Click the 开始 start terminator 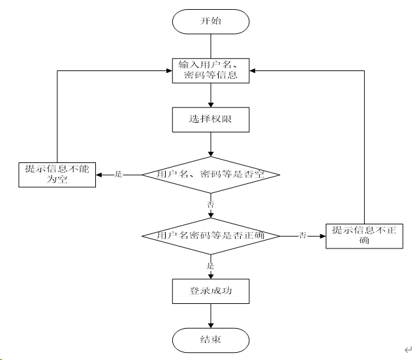210,21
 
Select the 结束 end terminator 210,339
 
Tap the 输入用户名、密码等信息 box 210,70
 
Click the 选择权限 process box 210,119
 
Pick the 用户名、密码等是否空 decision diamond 210,175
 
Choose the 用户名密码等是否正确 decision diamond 210,235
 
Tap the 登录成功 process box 210,291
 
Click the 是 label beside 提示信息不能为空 119,174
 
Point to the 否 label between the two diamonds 210,205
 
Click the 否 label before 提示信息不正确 303,235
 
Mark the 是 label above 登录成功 210,265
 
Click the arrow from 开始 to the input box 210,44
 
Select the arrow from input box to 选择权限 210,95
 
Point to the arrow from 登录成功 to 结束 210,315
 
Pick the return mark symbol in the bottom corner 407,350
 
